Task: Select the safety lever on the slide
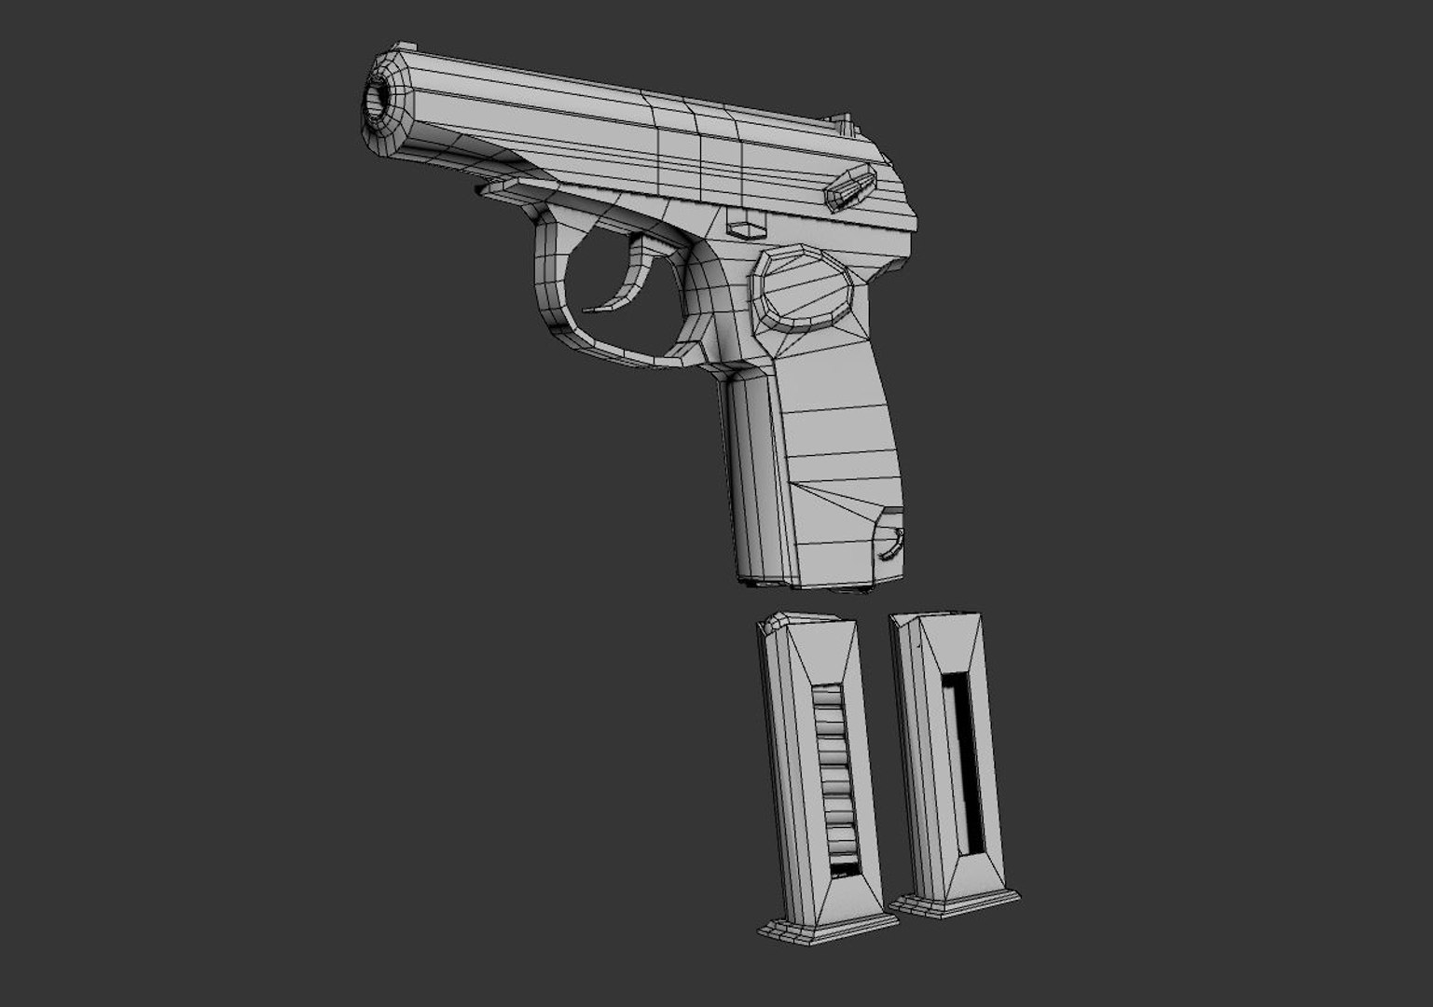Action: pyautogui.click(x=849, y=184)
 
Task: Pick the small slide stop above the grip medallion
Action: pyautogui.click(x=749, y=228)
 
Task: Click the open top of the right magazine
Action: pyautogui.click(x=932, y=617)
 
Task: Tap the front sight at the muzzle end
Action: pyautogui.click(x=403, y=47)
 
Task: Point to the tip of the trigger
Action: pyautogui.click(x=587, y=310)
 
